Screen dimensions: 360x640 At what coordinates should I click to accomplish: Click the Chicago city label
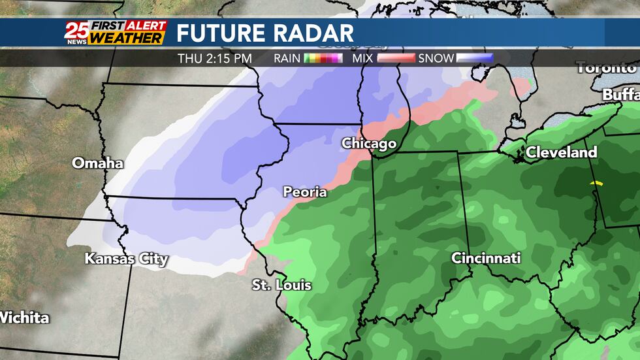coord(369,143)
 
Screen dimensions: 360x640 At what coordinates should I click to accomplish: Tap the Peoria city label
coord(304,192)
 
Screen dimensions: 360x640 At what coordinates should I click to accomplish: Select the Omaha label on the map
coord(97,163)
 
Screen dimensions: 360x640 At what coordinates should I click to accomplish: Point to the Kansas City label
coord(126,259)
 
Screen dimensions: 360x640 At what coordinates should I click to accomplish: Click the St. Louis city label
coord(281,286)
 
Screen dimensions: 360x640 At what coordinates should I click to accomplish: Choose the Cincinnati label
coord(486,259)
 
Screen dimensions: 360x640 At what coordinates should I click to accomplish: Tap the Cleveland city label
coord(562,153)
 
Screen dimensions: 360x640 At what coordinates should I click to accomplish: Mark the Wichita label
coord(24,318)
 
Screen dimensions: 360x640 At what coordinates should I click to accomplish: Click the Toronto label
coord(605,68)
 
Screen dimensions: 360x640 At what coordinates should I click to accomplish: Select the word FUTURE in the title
coord(220,33)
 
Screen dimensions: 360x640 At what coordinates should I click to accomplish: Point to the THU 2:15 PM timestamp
coord(215,59)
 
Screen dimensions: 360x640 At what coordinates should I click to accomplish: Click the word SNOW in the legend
coord(436,59)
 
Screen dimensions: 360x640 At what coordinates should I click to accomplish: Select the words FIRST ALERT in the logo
coord(128,26)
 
